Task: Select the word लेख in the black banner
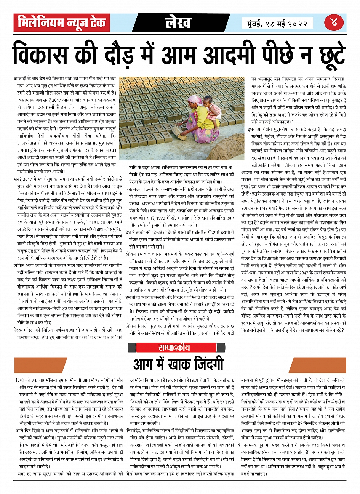[178, 23]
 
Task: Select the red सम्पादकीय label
[173, 347]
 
